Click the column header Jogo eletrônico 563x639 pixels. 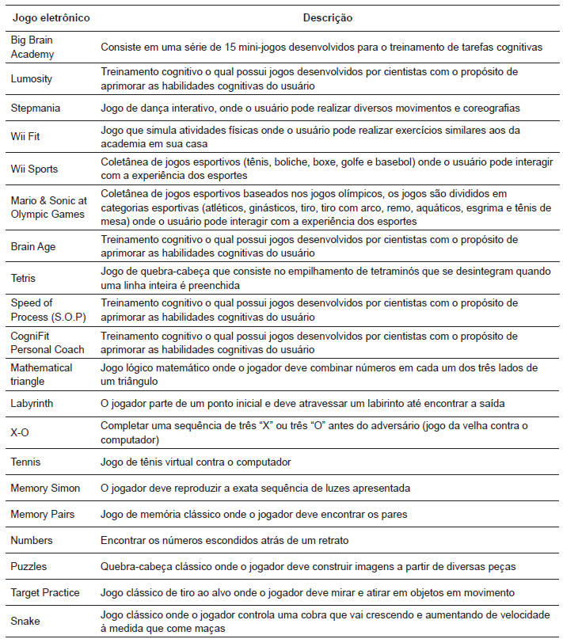point(50,17)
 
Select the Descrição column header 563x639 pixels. point(328,17)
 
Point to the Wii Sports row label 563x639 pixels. point(34,169)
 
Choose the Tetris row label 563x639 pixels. point(23,278)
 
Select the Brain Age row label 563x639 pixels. point(32,246)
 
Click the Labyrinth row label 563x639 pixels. point(32,404)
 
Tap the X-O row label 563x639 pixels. point(19,433)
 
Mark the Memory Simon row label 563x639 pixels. point(45,488)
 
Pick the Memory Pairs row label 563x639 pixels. point(43,515)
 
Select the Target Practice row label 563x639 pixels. point(47,592)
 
